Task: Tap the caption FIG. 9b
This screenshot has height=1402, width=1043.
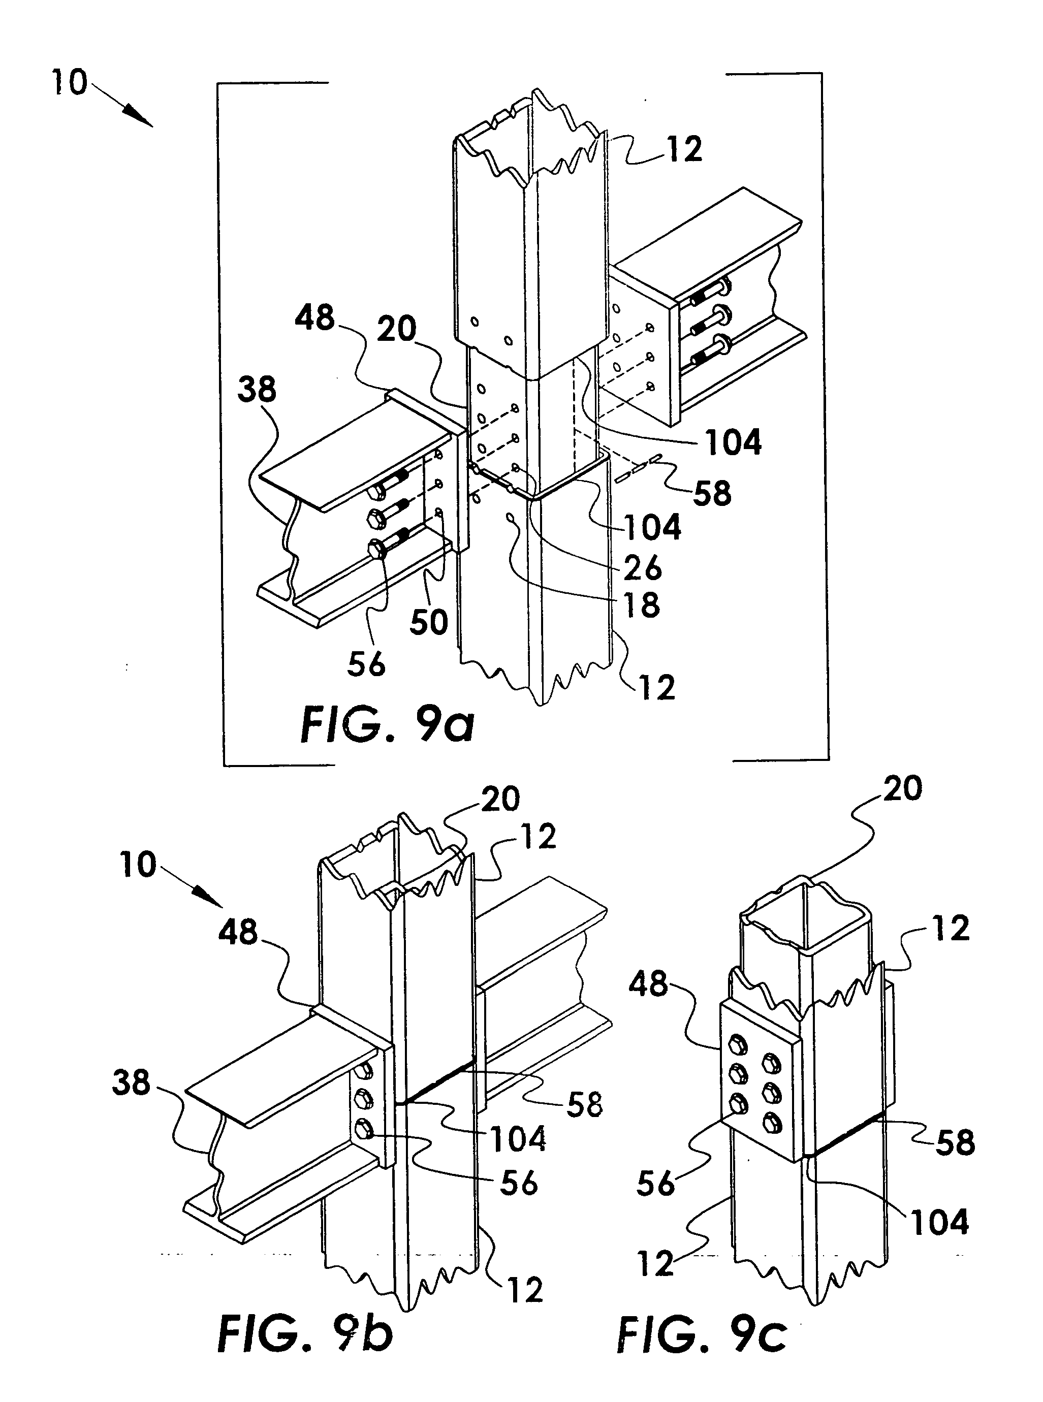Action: pyautogui.click(x=305, y=1334)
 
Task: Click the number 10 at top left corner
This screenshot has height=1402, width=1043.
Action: pyautogui.click(x=69, y=83)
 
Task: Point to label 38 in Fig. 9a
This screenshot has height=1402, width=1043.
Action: pyautogui.click(x=257, y=390)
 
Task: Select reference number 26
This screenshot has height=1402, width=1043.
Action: pyautogui.click(x=642, y=567)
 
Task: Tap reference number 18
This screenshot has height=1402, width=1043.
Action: pyautogui.click(x=642, y=604)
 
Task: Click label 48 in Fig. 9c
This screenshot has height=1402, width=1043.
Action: pyautogui.click(x=648, y=984)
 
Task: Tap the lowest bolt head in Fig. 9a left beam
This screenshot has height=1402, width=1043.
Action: pyautogui.click(x=377, y=549)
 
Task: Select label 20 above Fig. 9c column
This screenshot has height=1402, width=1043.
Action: pyautogui.click(x=903, y=788)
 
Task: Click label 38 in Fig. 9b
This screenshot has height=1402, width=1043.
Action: pyautogui.click(x=131, y=1083)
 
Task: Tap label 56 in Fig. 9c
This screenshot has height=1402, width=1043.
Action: pyautogui.click(x=655, y=1183)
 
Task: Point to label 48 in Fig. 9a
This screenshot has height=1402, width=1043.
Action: pyautogui.click(x=315, y=317)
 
